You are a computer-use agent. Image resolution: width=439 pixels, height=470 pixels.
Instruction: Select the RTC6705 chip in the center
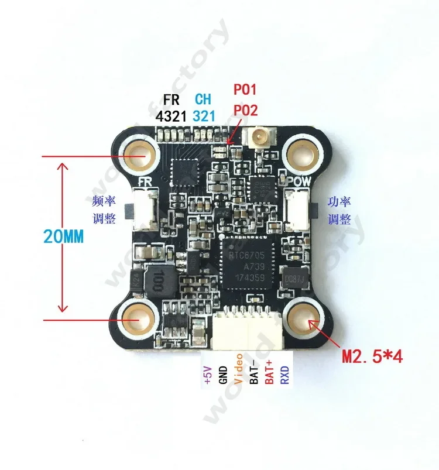point(246,261)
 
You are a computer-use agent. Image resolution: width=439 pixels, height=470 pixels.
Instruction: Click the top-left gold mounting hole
point(140,156)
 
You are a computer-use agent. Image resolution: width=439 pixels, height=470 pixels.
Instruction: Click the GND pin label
point(223,372)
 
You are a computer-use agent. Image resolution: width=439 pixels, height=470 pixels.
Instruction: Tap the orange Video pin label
point(238,369)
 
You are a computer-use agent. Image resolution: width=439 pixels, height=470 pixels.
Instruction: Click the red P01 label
point(246,90)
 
